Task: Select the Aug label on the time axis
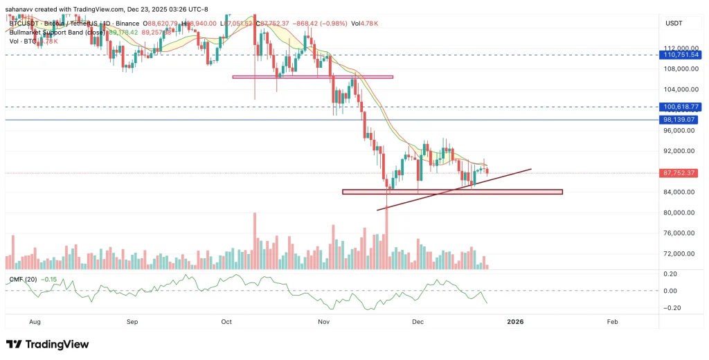click(35, 321)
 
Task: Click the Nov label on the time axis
click(323, 321)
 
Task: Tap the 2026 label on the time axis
click(515, 321)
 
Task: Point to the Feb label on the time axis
click(612, 321)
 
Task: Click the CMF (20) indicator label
click(23, 279)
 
